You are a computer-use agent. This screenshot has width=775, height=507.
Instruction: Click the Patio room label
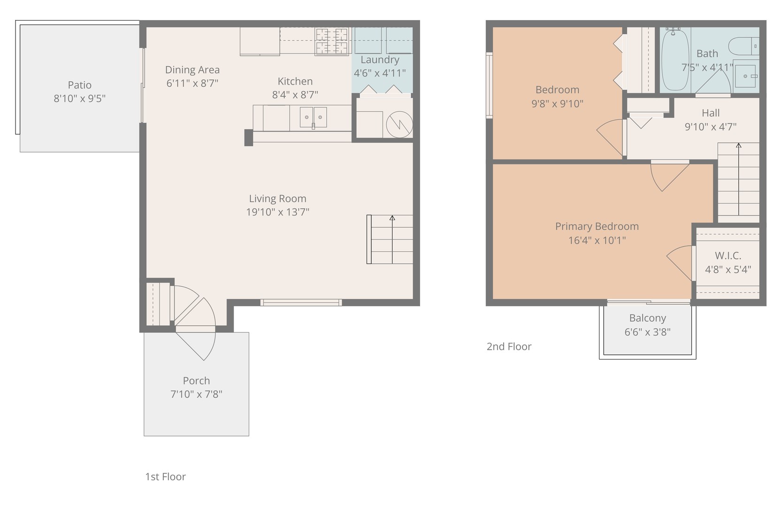point(80,85)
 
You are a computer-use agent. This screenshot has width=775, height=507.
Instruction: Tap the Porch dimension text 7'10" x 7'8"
point(196,394)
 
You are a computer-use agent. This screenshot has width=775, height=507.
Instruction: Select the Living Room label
point(277,199)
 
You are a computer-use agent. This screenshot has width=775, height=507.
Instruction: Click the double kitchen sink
point(313,117)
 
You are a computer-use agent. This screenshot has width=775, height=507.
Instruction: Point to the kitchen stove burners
point(331,41)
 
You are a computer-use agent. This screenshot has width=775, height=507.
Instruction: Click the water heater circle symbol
point(399,124)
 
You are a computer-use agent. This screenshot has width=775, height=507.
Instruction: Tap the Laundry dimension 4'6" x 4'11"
point(380,73)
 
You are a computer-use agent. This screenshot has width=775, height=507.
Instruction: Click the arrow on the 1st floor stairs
point(392,239)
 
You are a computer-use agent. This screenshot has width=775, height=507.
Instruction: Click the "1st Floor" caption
point(165,476)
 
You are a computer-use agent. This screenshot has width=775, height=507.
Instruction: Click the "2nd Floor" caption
point(509,346)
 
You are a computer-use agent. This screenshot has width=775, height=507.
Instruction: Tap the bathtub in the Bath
point(675,60)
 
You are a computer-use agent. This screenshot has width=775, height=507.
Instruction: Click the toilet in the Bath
point(744,46)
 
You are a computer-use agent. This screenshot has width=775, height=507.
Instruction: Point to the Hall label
point(711,113)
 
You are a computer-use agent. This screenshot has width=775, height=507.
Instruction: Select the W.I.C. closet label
point(728,256)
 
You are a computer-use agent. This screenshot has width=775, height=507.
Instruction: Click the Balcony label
point(647,318)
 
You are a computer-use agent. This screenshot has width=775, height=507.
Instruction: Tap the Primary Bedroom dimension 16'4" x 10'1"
point(597,240)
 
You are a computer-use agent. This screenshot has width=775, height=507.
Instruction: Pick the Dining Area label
point(192,70)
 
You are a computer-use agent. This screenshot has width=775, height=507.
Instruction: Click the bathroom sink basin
point(746,76)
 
